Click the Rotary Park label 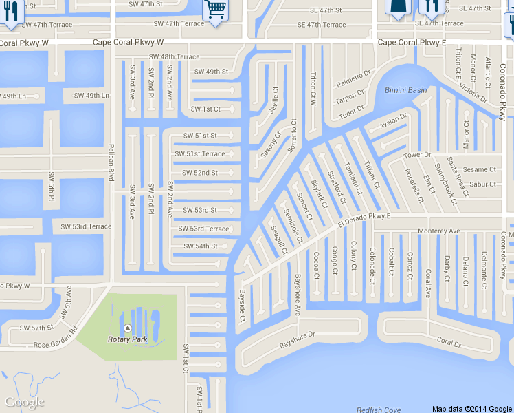[128, 339]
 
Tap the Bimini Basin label [405, 90]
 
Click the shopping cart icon [216, 10]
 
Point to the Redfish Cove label [379, 410]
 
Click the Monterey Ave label [440, 231]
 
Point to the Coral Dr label [449, 341]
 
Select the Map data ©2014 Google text [471, 408]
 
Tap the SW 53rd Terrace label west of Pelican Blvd [86, 226]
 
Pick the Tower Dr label [416, 155]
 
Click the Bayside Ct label [242, 306]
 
